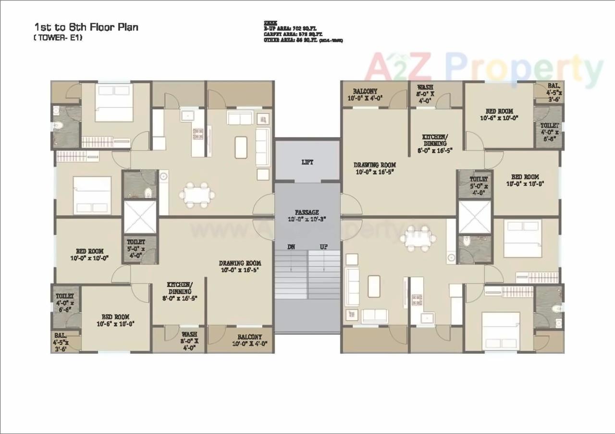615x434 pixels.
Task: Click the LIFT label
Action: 307,162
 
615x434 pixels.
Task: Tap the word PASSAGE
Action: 307,212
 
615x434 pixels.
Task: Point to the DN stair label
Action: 291,247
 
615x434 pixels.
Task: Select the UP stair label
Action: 324,247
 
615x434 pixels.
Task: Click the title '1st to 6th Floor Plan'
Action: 86,27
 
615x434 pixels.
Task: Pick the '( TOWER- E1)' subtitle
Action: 58,38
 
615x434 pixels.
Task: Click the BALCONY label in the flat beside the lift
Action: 365,91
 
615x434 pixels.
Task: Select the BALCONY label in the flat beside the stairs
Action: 250,337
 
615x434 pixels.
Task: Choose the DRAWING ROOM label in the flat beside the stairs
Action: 240,263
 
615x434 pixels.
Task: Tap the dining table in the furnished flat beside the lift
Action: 197,195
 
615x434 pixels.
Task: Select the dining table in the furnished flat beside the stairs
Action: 416,238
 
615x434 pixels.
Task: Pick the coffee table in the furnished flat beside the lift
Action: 241,147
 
